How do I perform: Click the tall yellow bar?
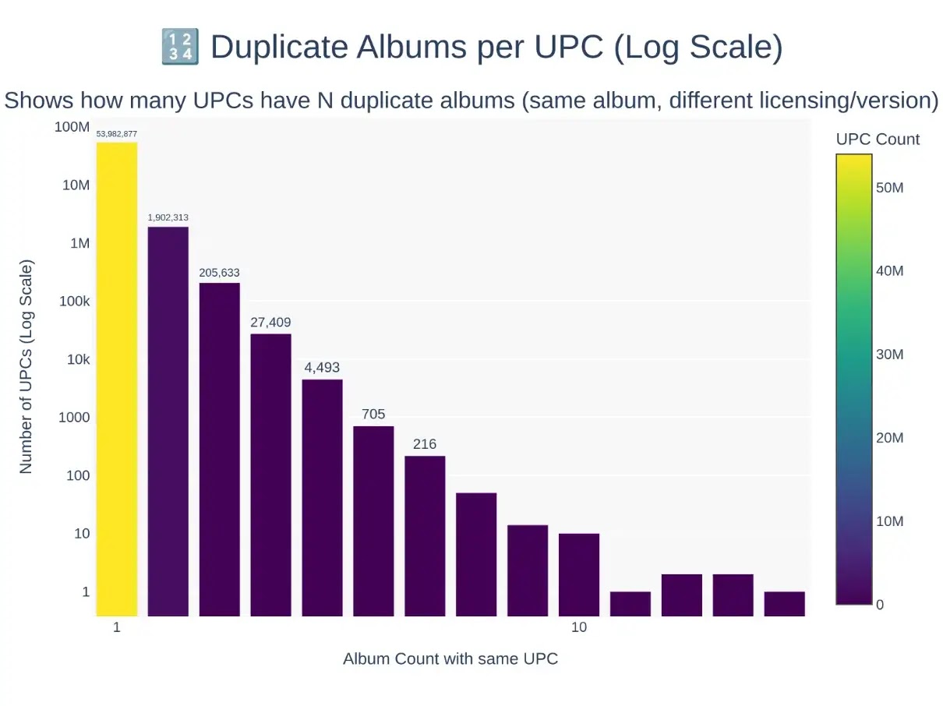[117, 379]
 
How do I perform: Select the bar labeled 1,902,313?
[168, 421]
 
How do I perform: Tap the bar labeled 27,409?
[270, 475]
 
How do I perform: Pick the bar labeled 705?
[373, 521]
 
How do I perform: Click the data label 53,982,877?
[117, 134]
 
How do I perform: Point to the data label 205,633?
[219, 273]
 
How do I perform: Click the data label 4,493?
[322, 368]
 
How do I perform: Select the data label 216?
[425, 444]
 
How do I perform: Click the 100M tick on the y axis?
[72, 126]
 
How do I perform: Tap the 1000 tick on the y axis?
[74, 417]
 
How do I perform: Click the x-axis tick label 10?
[578, 628]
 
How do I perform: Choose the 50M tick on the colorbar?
[890, 188]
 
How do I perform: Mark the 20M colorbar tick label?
[890, 438]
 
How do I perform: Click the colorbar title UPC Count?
[878, 139]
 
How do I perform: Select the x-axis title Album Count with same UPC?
[450, 658]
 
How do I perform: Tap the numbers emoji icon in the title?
[180, 47]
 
